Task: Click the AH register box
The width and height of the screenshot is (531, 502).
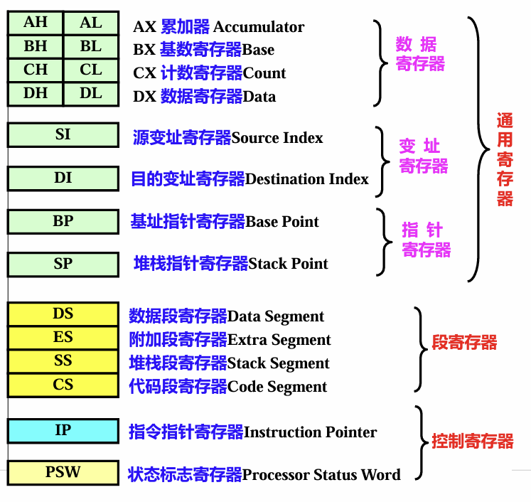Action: tap(36, 23)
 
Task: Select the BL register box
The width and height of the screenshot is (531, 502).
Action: tap(91, 47)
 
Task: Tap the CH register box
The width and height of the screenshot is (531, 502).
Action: tap(36, 70)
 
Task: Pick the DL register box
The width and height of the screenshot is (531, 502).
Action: tap(91, 94)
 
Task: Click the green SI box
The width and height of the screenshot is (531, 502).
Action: tap(63, 134)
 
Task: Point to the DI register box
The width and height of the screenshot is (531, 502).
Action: tap(63, 178)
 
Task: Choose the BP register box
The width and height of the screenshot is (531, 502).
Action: tap(63, 221)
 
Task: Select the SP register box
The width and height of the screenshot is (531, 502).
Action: tap(63, 264)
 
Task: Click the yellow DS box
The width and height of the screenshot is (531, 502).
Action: tap(63, 314)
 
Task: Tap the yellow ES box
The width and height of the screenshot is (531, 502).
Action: tap(63, 338)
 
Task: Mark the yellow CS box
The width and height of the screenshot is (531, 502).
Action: tap(63, 385)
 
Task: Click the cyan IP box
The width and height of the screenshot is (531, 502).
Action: tap(63, 430)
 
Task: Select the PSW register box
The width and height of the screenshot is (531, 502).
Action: tap(63, 472)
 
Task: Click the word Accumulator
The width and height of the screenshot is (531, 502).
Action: tap(259, 27)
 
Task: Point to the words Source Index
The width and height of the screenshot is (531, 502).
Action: tap(277, 137)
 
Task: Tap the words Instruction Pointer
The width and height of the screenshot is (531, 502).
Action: tap(311, 432)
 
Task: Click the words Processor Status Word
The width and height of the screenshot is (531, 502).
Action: tap(321, 474)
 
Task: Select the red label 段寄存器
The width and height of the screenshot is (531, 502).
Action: tap(465, 343)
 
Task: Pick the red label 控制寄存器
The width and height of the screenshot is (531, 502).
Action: tap(473, 442)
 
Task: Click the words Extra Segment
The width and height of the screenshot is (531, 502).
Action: tap(279, 340)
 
